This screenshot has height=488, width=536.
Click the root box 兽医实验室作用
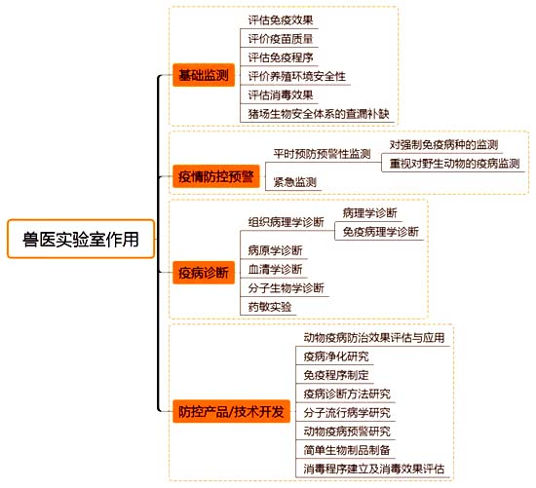click(x=81, y=239)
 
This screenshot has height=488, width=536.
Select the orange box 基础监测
click(x=204, y=75)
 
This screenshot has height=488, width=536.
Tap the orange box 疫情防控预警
click(x=216, y=176)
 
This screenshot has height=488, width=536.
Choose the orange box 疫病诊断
click(x=204, y=273)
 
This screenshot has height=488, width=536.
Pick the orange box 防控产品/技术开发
click(x=231, y=411)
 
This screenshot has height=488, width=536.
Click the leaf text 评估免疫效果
click(x=281, y=20)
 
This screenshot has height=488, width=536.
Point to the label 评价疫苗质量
click(x=281, y=39)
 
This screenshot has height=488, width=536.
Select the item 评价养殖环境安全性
click(x=296, y=76)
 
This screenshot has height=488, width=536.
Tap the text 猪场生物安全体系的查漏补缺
click(x=319, y=113)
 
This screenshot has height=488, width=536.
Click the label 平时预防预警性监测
click(x=322, y=154)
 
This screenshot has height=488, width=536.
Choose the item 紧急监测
click(x=295, y=182)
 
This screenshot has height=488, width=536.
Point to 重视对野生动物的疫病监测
click(x=455, y=164)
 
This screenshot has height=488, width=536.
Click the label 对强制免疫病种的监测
click(x=443, y=145)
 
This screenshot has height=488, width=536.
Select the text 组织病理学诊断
click(x=287, y=222)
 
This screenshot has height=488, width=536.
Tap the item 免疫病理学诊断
click(x=381, y=232)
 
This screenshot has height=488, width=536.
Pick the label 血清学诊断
click(x=275, y=269)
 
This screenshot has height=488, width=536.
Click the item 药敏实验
click(x=270, y=307)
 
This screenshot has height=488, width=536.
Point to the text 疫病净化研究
click(x=336, y=357)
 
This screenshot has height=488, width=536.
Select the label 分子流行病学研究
click(x=347, y=412)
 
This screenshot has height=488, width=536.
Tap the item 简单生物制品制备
click(x=347, y=450)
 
